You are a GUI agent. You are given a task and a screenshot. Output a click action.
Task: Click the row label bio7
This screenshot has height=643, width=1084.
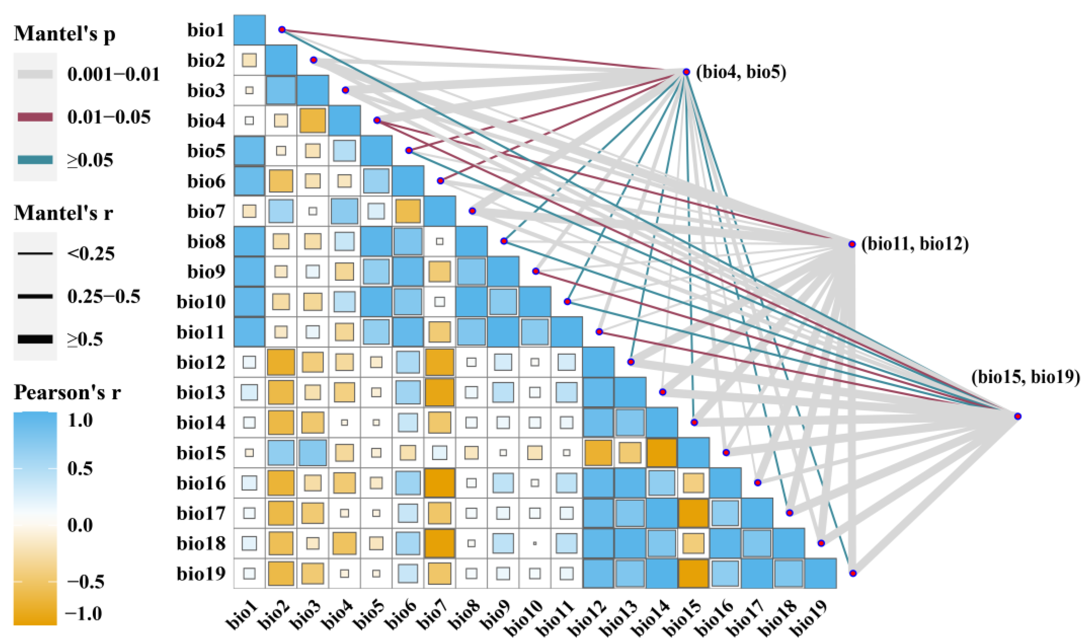click(206, 211)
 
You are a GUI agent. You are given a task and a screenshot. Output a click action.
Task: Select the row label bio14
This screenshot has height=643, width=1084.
click(201, 423)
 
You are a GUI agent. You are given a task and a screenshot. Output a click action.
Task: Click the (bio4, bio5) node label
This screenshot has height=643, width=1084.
click(741, 72)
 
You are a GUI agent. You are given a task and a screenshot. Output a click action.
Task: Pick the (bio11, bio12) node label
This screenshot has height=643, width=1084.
click(915, 244)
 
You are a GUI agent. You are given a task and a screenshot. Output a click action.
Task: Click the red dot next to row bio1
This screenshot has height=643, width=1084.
click(282, 29)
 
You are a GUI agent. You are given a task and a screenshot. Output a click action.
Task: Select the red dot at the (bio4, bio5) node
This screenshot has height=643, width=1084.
click(686, 72)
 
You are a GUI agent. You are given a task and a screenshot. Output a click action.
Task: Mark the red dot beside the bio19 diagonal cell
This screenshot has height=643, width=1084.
click(852, 573)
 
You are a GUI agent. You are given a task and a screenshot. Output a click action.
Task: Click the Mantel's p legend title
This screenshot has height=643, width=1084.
click(65, 34)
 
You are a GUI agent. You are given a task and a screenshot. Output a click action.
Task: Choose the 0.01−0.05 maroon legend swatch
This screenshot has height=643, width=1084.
click(35, 117)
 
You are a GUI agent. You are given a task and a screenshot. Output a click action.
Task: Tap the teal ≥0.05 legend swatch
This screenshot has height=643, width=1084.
click(35, 160)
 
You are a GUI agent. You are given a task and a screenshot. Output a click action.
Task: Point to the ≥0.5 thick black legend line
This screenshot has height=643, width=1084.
click(35, 339)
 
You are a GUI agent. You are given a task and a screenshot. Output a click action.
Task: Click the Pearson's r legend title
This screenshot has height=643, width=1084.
click(67, 393)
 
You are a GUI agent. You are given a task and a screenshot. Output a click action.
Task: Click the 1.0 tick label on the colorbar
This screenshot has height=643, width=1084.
click(80, 420)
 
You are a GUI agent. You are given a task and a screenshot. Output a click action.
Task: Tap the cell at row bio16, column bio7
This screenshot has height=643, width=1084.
click(440, 483)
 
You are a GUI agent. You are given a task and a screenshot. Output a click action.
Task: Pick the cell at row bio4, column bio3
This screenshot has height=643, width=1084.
click(313, 120)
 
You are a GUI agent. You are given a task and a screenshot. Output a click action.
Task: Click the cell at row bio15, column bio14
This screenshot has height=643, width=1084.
click(662, 453)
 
